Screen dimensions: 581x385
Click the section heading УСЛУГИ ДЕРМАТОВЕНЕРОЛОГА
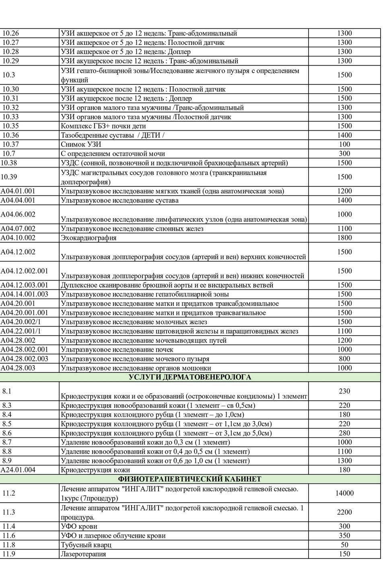[x=190, y=377]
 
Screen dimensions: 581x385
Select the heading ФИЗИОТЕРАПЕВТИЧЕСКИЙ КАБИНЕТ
[x=190, y=479]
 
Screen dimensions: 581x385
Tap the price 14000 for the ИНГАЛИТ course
[x=344, y=493]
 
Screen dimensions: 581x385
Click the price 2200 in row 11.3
[x=344, y=512]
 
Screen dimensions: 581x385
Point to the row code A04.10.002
[x=18, y=238]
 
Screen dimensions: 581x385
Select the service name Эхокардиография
[x=89, y=238]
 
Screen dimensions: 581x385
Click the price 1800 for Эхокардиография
[x=344, y=238]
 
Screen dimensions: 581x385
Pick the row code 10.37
[x=10, y=144]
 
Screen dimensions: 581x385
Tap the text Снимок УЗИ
[x=81, y=144]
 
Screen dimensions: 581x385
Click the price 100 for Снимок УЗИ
[x=344, y=144]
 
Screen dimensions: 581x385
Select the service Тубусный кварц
[x=86, y=545]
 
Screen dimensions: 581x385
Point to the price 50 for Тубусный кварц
[x=344, y=545]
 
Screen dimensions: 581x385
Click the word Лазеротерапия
[x=83, y=554]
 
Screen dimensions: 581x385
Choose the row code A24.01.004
[x=18, y=470]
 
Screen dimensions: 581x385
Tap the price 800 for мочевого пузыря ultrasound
[x=344, y=359]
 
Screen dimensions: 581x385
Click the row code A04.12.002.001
[x=24, y=271]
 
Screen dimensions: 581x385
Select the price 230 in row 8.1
[x=344, y=391]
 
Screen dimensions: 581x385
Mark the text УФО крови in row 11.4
[x=79, y=526]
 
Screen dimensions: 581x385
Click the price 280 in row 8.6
[x=344, y=433]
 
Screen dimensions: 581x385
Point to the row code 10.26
[x=10, y=33]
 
